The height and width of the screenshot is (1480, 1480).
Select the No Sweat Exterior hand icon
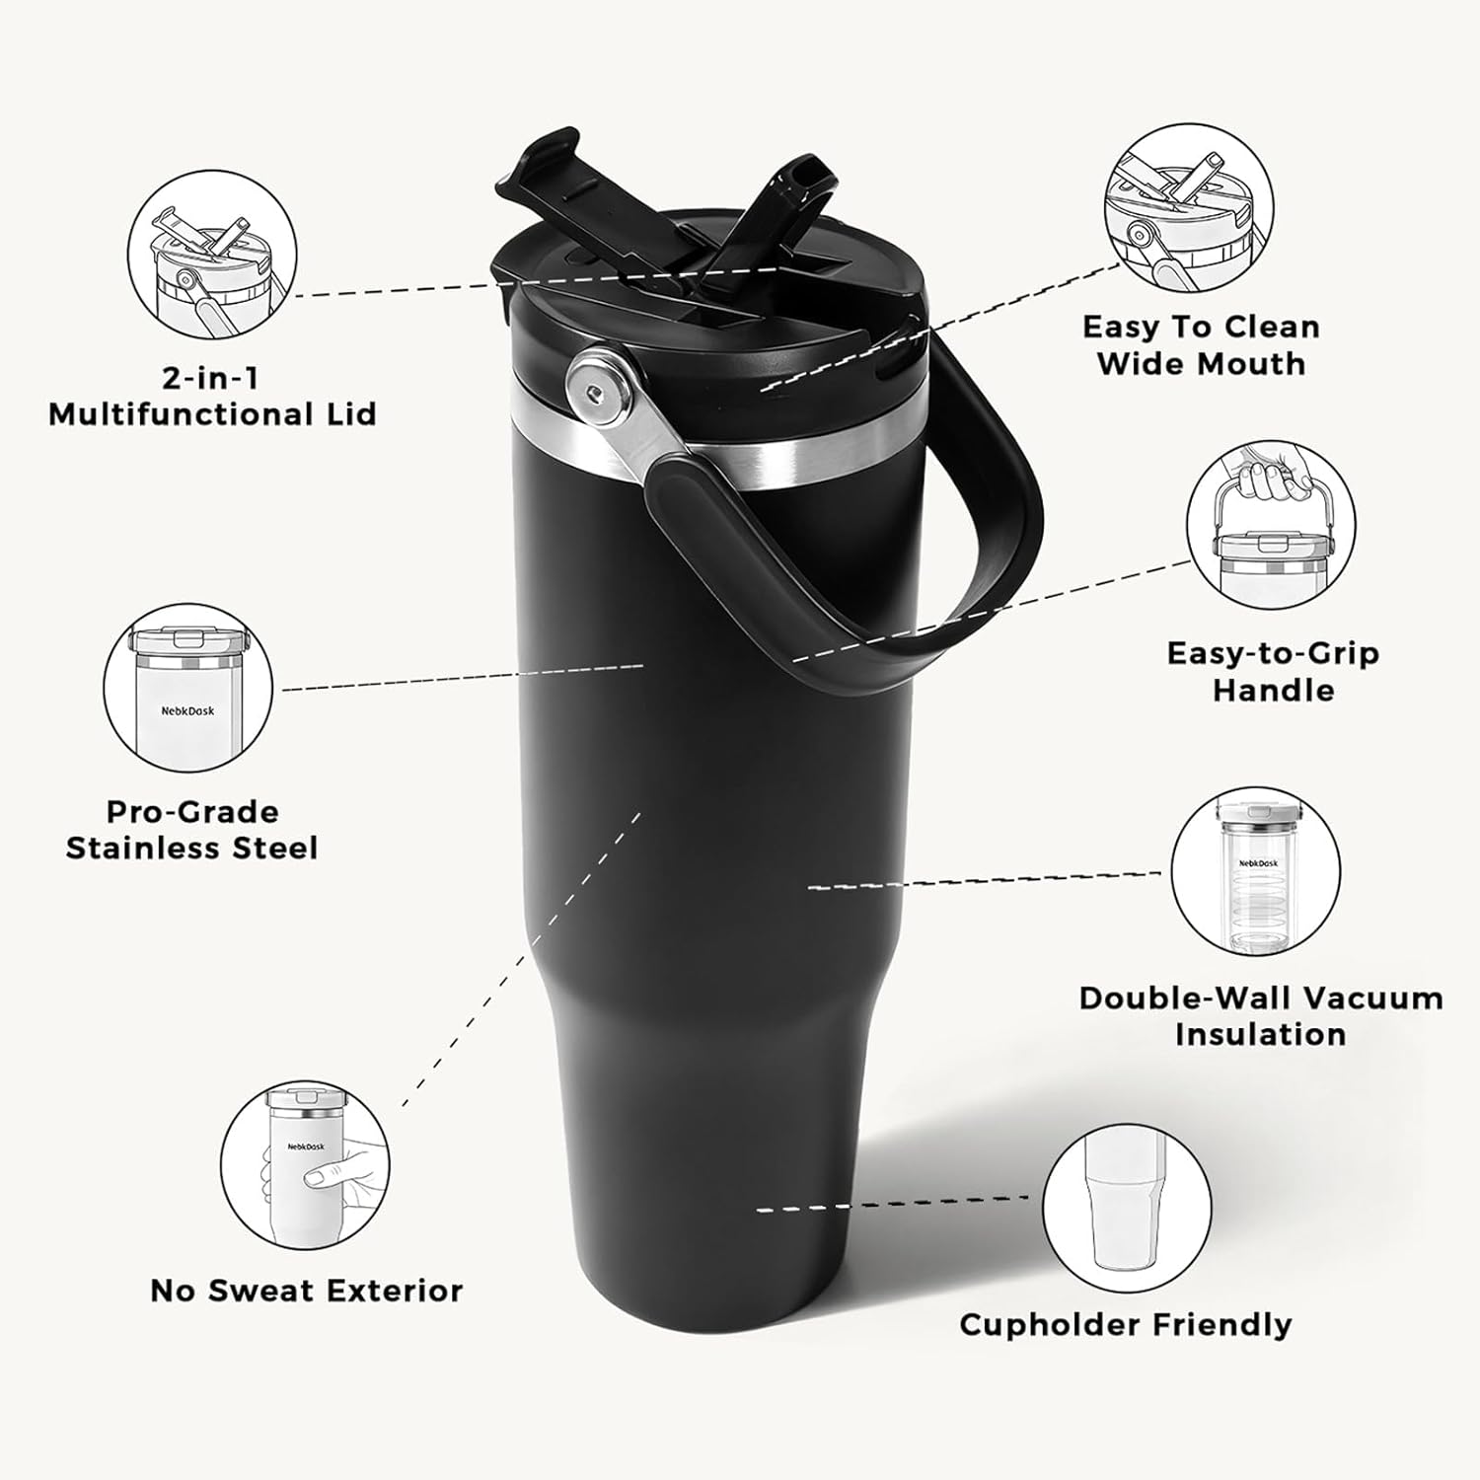pos(305,1162)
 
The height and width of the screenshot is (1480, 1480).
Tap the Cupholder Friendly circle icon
pos(1127,1209)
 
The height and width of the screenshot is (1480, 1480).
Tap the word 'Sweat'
pos(257,1291)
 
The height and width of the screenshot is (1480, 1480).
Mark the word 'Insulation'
pos(1260,1035)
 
